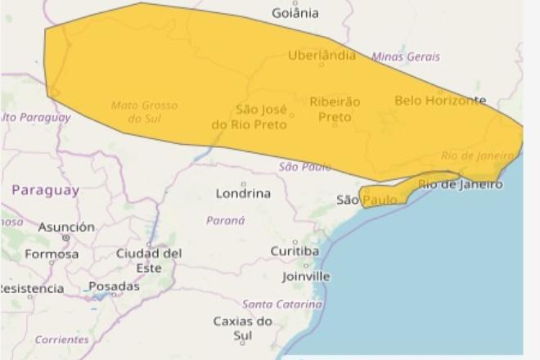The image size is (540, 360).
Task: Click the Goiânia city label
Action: coord(295,13)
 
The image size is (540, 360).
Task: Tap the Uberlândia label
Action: coord(322,56)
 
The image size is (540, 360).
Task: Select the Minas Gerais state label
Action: coord(406,56)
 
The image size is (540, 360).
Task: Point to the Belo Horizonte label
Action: coord(440,101)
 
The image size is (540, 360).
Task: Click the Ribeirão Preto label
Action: coord(335,109)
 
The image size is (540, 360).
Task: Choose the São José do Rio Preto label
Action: coord(250,116)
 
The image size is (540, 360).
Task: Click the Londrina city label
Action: coord(243,194)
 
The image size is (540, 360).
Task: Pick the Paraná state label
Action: coord(225,220)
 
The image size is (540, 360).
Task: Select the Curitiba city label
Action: coord(295,250)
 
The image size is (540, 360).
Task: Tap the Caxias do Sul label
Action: coord(243,328)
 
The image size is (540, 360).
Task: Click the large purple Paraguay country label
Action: coord(46,190)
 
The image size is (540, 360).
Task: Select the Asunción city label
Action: coord(66,227)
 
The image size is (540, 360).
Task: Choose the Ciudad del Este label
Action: coord(149,260)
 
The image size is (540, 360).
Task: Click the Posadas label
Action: coord(114,286)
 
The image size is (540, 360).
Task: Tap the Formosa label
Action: coord(52,254)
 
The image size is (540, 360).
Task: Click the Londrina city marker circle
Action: coord(243,184)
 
